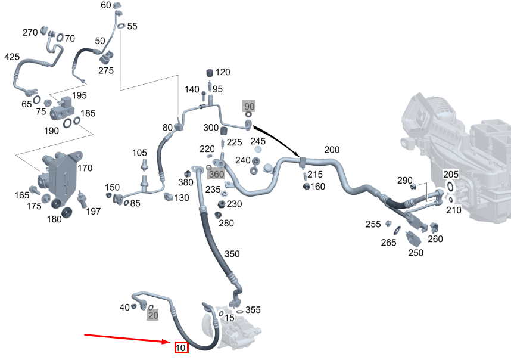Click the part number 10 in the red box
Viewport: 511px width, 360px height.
(181, 347)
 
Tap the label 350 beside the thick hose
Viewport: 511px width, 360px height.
(232, 254)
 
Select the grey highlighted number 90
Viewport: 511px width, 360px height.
(249, 106)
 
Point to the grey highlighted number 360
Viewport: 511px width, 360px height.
(216, 174)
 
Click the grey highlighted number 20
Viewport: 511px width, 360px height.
(153, 315)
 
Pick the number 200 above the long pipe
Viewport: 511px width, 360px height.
(332, 150)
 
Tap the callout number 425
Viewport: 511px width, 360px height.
(12, 57)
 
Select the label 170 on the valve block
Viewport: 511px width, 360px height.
(85, 168)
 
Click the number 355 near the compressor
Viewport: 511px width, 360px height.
(253, 310)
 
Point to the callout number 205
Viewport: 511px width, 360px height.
(451, 174)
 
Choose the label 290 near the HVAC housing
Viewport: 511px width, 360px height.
(405, 180)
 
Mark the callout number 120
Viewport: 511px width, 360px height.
(222, 72)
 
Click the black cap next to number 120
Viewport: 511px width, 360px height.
(210, 73)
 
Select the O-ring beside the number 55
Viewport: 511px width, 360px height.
(121, 27)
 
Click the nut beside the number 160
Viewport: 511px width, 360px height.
(307, 187)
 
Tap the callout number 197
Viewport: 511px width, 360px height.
(94, 211)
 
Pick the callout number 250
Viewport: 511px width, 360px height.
(416, 253)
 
